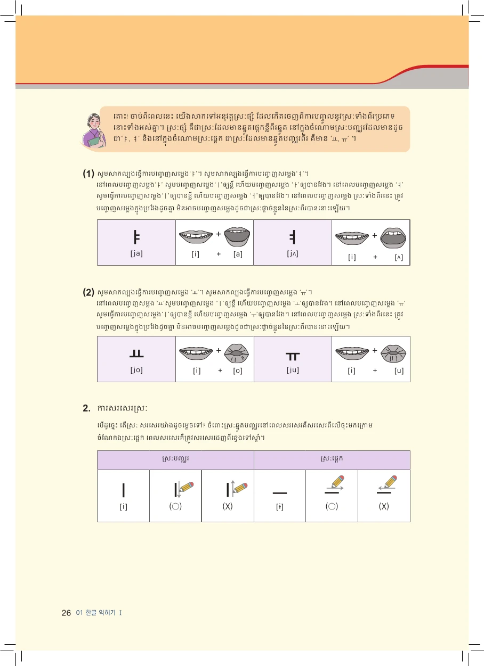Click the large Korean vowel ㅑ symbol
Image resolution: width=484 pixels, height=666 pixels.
pyautogui.click(x=136, y=236)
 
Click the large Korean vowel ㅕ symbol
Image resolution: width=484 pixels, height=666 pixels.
pyautogui.click(x=293, y=236)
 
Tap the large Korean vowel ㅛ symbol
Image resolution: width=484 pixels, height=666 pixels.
pyautogui.click(x=136, y=353)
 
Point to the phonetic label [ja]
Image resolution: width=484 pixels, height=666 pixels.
pyautogui.click(x=136, y=254)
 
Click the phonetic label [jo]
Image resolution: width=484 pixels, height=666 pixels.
pyautogui.click(x=136, y=370)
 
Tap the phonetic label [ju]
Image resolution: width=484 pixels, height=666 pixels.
pyautogui.click(x=293, y=370)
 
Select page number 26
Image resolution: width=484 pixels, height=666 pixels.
pyautogui.click(x=66, y=613)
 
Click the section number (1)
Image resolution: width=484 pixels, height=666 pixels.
pyautogui.click(x=88, y=174)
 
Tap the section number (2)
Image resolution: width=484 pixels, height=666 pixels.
pyautogui.click(x=88, y=292)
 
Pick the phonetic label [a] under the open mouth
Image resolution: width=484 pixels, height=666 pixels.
pyautogui.click(x=238, y=254)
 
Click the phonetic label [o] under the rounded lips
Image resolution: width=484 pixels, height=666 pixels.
pyautogui.click(x=238, y=371)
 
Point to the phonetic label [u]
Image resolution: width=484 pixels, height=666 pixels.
pyautogui.click(x=399, y=371)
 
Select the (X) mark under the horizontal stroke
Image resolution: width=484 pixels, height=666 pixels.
pyautogui.click(x=384, y=506)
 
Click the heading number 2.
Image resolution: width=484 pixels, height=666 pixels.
pyautogui.click(x=86, y=408)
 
